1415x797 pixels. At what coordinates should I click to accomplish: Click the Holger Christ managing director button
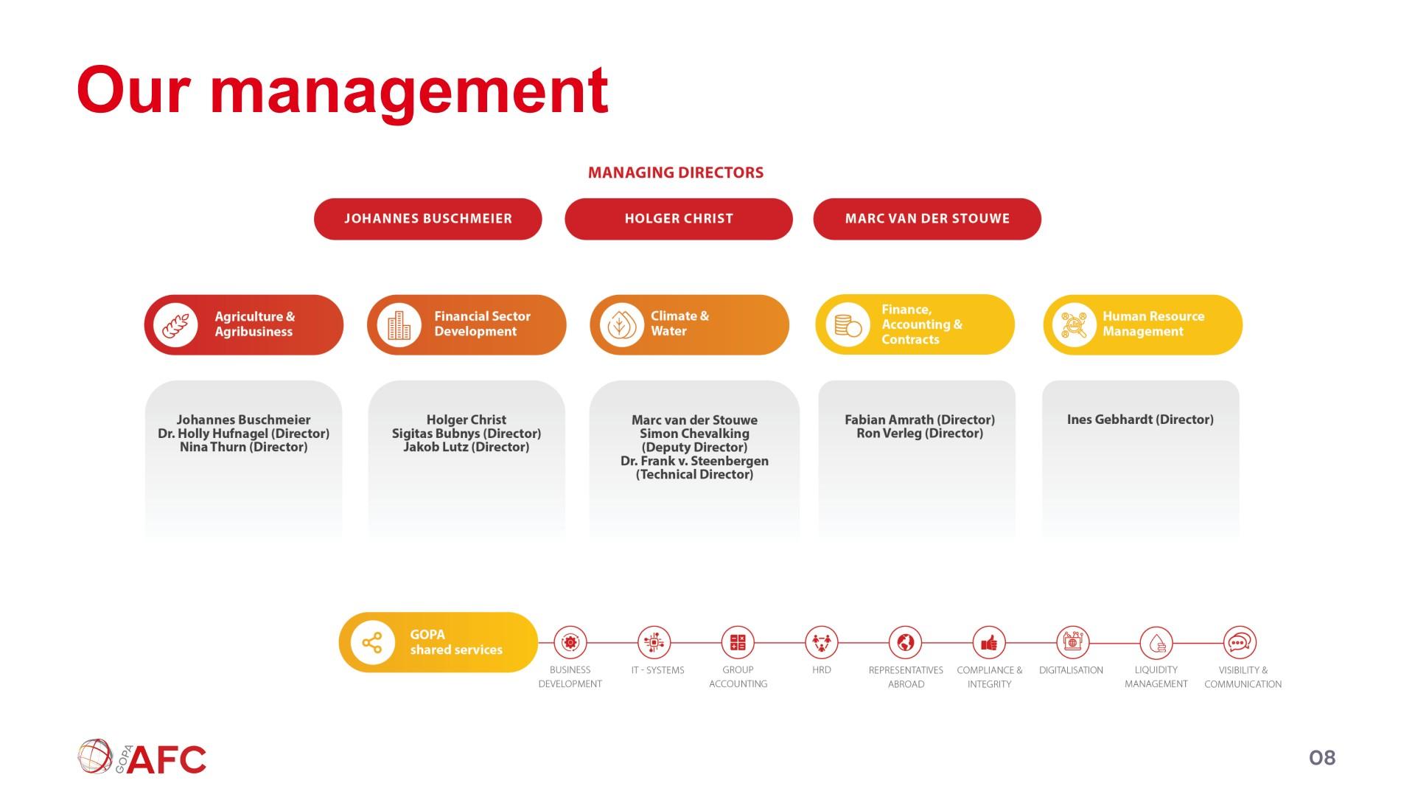(679, 219)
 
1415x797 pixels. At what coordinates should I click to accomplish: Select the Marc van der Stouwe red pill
(927, 219)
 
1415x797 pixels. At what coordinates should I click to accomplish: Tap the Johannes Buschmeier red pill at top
(428, 219)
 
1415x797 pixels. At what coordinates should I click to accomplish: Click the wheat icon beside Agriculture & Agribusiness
(175, 325)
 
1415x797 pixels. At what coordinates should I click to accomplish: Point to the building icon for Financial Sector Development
(399, 325)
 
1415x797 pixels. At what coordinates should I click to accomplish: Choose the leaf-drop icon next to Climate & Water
(622, 325)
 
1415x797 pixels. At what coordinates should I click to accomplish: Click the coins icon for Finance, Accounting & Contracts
(848, 325)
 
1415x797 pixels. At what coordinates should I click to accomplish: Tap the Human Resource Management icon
(1074, 325)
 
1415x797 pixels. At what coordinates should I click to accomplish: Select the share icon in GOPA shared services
(372, 643)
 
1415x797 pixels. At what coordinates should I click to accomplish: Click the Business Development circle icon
(570, 643)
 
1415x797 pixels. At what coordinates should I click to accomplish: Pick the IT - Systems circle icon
(654, 643)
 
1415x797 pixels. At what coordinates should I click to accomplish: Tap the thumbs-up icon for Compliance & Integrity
(989, 643)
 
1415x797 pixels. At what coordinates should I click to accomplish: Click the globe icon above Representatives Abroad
(906, 643)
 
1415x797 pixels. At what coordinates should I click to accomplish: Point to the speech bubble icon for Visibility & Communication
(1240, 643)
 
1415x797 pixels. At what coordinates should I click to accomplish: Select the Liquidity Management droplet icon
(1156, 643)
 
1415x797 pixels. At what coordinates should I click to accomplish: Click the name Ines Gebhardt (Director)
(1140, 420)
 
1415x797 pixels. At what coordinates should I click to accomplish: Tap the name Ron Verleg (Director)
(920, 434)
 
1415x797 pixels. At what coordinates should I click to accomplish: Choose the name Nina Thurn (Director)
(244, 447)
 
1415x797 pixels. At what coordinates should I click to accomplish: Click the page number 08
(1322, 758)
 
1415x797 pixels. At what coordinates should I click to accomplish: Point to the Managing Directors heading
(676, 173)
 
